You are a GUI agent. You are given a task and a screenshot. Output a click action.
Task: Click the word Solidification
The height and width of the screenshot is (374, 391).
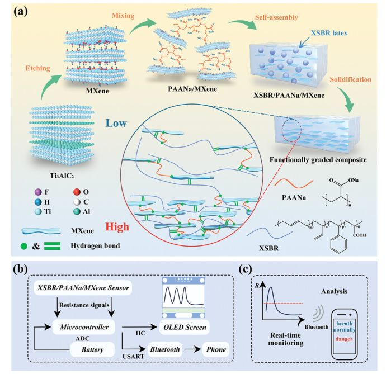(x=351, y=80)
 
